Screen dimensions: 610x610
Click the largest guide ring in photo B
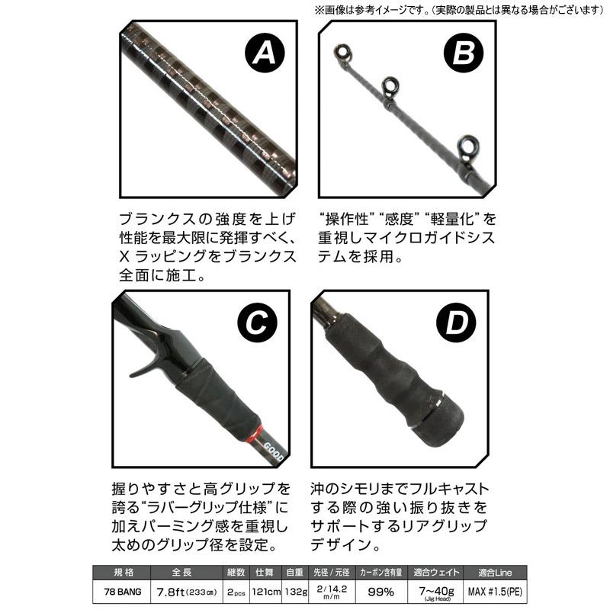(467, 146)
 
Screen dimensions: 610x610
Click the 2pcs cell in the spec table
(216, 591)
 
